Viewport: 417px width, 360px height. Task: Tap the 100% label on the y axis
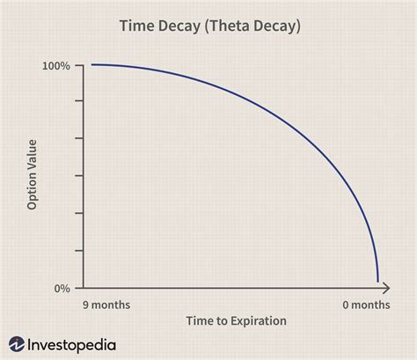[x=55, y=66]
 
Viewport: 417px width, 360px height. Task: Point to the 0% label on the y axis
[x=62, y=288]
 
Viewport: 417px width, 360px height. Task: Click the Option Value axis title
[x=33, y=177]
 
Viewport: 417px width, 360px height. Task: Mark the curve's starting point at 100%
[x=91, y=65]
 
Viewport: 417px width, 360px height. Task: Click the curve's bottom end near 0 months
[x=378, y=281]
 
